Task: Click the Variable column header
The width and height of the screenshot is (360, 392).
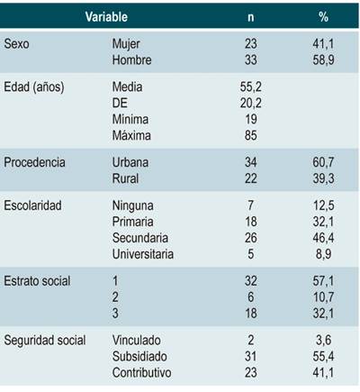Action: click(106, 17)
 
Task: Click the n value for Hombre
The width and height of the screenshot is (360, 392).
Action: click(251, 59)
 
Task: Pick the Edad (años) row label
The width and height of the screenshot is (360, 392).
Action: click(40, 88)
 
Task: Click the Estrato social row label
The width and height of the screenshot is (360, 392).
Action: click(40, 281)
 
